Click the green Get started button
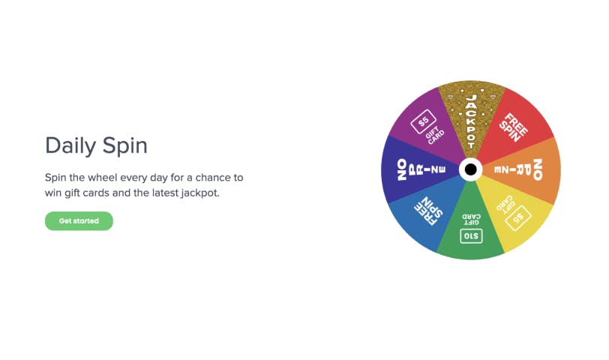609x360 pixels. coord(79,221)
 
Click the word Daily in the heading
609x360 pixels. coord(70,146)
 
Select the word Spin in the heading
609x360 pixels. coord(125,146)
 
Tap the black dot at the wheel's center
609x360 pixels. coord(471,169)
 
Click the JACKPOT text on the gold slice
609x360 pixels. coord(471,121)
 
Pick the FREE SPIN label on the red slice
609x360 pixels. coord(513,127)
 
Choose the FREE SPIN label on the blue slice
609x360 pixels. coord(429,211)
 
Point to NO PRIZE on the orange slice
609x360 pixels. coord(518,169)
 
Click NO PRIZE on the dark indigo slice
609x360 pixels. coord(421,169)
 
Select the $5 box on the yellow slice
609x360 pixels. coord(518,217)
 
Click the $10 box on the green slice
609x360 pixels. coord(471,236)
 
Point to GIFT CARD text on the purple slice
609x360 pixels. coord(434,135)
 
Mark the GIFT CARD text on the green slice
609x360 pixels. coord(471,220)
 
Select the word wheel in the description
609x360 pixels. coord(103,178)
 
